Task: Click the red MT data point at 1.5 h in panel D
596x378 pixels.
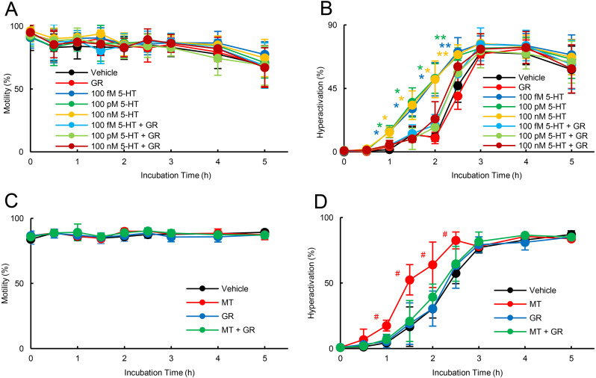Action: tap(409, 280)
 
